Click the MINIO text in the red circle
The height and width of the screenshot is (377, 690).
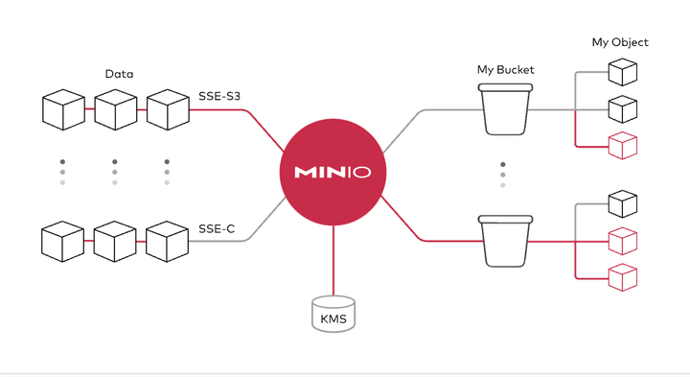click(x=333, y=173)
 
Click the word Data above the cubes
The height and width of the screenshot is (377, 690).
click(x=119, y=74)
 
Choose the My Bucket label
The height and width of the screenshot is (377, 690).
click(x=505, y=70)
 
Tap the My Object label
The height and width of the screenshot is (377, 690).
click(x=619, y=42)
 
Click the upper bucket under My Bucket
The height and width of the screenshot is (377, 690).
click(x=504, y=108)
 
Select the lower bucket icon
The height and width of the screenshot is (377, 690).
click(x=504, y=240)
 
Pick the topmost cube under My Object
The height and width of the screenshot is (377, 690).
click(x=623, y=72)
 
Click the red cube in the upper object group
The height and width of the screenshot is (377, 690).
click(x=623, y=146)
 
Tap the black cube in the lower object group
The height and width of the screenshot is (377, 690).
click(x=623, y=203)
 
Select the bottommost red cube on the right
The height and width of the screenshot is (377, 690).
click(x=623, y=276)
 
